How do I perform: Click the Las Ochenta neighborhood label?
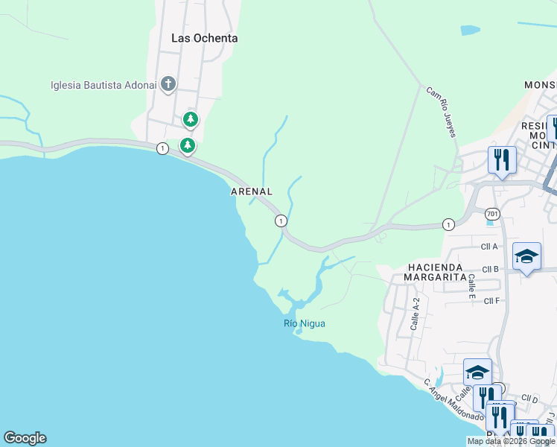click(204, 38)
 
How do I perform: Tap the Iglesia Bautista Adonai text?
click(104, 84)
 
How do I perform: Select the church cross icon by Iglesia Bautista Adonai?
click(168, 83)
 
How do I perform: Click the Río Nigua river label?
click(305, 323)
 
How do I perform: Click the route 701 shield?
click(491, 213)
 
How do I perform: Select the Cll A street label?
click(489, 247)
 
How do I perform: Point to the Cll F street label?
click(491, 301)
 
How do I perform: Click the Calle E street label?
click(471, 286)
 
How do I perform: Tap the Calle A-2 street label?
click(416, 314)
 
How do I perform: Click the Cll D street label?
click(529, 399)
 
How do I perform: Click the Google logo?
click(25, 438)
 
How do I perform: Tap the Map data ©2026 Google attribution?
click(510, 441)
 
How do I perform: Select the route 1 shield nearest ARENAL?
click(281, 221)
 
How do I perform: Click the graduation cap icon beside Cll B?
click(526, 257)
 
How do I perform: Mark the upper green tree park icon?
click(191, 119)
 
